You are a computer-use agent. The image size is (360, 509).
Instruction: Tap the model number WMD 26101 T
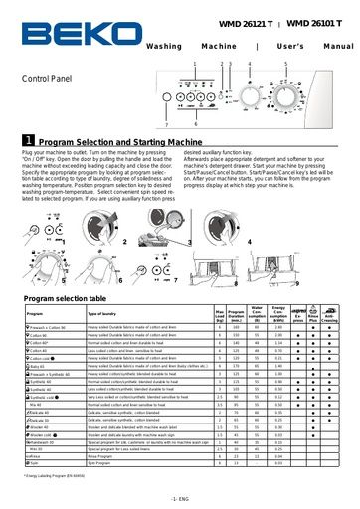pos(318,22)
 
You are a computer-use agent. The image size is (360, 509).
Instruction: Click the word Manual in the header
pos(337,47)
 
